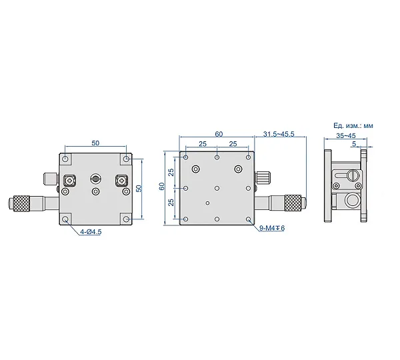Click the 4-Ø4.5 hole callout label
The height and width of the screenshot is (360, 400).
click(x=91, y=231)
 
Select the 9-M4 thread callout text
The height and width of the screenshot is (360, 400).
click(x=272, y=228)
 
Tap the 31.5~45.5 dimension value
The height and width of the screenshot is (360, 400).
click(x=279, y=134)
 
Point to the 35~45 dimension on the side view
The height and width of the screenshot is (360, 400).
click(x=345, y=135)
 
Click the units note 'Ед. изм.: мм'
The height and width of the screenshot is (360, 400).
click(x=353, y=125)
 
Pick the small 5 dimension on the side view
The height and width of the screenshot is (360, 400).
click(x=354, y=144)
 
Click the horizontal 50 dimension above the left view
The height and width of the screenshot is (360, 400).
click(x=95, y=143)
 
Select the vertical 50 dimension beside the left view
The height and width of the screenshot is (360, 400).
click(x=139, y=189)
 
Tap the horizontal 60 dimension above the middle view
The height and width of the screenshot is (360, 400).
click(x=219, y=134)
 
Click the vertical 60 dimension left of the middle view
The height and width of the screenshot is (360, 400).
click(x=162, y=186)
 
